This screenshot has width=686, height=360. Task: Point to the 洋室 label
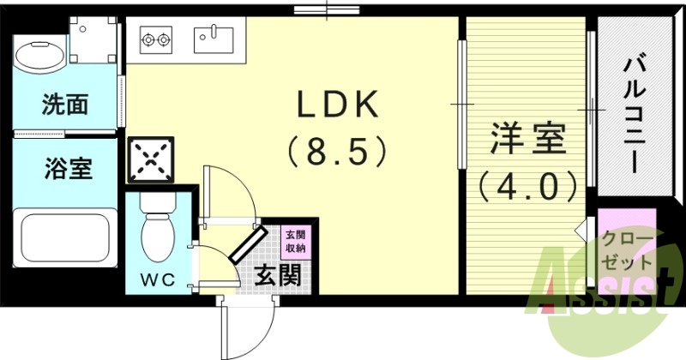528,141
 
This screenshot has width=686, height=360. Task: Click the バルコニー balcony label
634,112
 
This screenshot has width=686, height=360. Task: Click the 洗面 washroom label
65,105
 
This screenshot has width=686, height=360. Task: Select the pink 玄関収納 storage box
294,239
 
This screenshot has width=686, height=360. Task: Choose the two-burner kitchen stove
155,38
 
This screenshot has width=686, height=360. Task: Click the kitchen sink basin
212,37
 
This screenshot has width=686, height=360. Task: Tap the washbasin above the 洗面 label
39,56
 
